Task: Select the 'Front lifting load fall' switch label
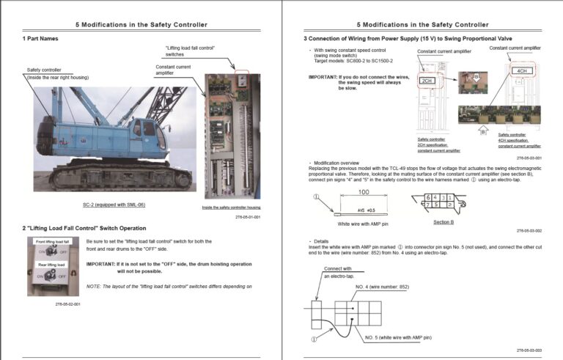pos(51,241)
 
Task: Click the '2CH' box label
pos(427,80)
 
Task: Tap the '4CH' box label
pos(523,71)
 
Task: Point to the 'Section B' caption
pos(443,222)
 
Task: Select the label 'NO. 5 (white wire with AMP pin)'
pos(398,337)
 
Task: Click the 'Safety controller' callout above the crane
pos(45,70)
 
